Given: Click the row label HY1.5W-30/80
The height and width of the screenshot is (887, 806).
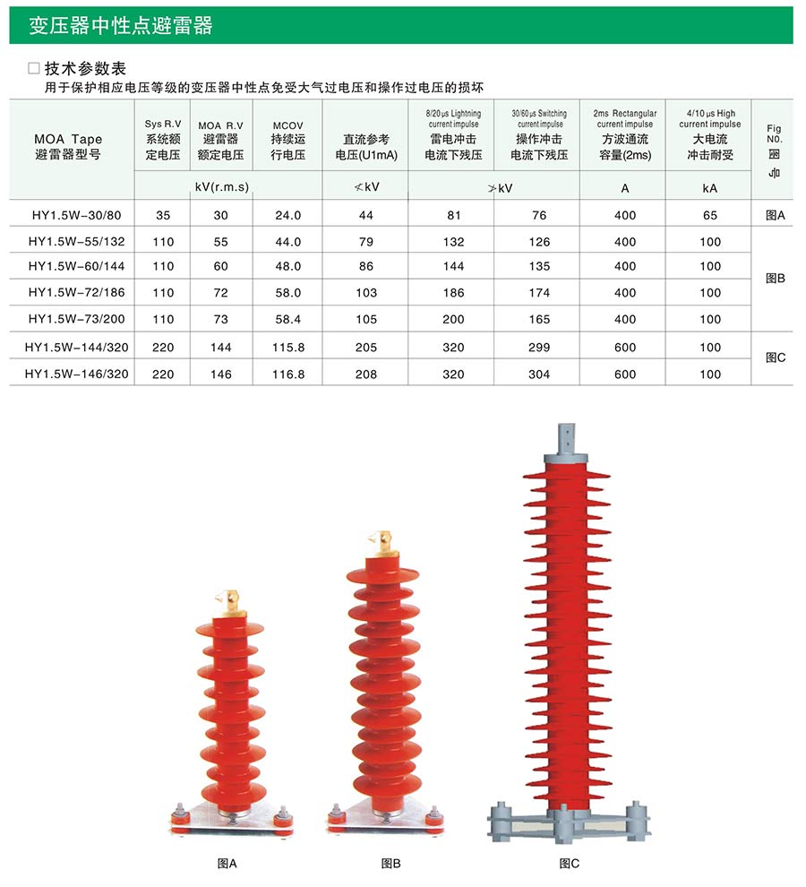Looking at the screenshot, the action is pos(76,215).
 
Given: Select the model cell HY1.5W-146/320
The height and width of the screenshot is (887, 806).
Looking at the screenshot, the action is pos(76,374).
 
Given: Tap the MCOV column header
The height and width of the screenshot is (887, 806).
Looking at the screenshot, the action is pos(287,140).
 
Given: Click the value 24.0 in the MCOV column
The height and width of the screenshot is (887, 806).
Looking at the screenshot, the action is pos(287,215).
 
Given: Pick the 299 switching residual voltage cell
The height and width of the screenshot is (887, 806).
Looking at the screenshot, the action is pos(539,348).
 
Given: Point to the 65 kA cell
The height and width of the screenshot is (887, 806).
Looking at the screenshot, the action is pos(710,215).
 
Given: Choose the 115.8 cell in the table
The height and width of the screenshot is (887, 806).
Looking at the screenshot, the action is pos(287,348).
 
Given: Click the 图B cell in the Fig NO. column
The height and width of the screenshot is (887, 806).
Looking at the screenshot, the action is pos(775,279).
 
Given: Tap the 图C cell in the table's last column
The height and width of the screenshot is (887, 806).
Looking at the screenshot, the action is pos(775,357).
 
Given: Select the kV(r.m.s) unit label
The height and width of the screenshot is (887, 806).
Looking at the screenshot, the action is pos(222,187).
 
